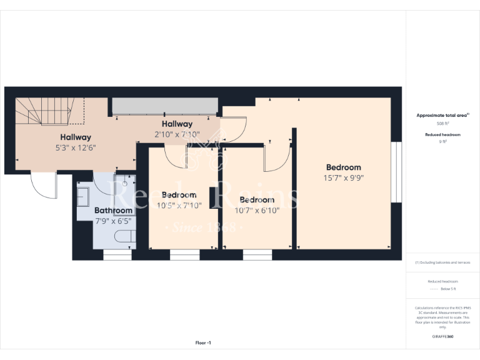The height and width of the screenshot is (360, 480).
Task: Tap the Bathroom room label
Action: (113, 211)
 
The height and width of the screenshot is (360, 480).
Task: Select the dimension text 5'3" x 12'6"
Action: (76, 148)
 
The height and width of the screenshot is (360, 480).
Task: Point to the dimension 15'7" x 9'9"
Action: (343, 177)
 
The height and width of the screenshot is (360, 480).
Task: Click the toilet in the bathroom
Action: (124, 237)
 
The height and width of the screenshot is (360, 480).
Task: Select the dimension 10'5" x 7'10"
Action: (179, 206)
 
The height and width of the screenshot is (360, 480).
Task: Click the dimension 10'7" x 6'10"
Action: (257, 211)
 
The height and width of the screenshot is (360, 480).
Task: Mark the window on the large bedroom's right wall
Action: (395, 172)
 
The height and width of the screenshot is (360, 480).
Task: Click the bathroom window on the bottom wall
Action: (117, 254)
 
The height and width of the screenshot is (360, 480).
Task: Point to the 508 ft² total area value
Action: (442, 124)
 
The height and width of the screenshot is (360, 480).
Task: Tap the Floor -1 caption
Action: (203, 342)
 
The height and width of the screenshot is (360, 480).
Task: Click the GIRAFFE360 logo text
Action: (442, 337)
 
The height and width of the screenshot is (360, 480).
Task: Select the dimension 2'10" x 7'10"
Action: (177, 134)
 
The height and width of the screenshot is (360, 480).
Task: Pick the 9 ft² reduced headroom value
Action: (442, 142)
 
